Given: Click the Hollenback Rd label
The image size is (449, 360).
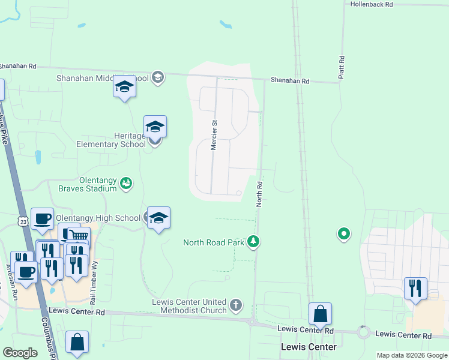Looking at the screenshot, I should pos(372,4).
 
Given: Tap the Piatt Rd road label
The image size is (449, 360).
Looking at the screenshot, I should pos(342,69).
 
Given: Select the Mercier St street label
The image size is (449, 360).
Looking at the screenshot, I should pos(213,135).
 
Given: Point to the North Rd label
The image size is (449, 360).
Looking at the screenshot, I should pos(259,194).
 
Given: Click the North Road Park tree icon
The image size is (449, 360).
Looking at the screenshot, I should pos(254,241).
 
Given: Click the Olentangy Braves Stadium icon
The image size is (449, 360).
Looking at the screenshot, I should pos(126,182).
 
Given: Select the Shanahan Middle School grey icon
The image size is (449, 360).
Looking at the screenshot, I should pos(158,77).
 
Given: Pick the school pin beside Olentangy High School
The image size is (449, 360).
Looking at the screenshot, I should pos(159,218).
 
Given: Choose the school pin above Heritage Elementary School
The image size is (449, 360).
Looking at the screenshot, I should pos(155,127).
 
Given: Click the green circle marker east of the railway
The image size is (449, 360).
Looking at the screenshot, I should pos(344,233).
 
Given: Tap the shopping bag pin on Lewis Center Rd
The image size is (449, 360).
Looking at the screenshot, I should pos(320,314).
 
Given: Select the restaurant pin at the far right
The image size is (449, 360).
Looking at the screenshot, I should pos(415,289).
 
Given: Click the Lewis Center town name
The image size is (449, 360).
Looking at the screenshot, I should pos(309,347).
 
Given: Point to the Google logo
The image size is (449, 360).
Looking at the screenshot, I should pos(20,353).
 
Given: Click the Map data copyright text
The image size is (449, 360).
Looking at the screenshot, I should pos(411,355).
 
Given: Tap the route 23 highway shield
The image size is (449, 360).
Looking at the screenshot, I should pos(23,221).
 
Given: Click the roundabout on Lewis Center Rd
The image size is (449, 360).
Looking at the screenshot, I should pos(363,332).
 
